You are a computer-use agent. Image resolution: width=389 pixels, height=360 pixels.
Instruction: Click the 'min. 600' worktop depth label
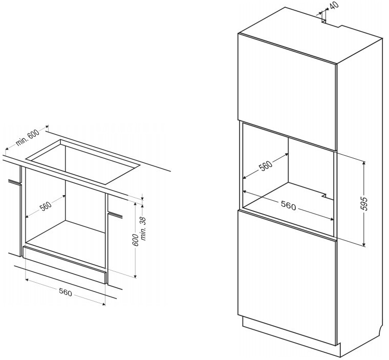point(28,138)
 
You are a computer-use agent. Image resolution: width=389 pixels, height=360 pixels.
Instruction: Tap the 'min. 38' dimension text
point(144,229)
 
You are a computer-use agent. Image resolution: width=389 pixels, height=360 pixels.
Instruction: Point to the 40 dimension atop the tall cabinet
point(335,6)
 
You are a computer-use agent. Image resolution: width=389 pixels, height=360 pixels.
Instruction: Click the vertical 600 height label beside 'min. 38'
point(136,240)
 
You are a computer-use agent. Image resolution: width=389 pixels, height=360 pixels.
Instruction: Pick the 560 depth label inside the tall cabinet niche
point(266,165)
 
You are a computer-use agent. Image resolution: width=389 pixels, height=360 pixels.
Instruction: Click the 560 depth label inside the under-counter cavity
point(46,206)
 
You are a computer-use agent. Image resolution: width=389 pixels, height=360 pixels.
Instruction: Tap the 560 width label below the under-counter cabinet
point(65,292)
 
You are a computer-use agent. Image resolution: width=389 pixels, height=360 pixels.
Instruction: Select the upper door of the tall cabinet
point(287,92)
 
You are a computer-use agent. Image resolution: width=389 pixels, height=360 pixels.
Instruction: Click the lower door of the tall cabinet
point(287,278)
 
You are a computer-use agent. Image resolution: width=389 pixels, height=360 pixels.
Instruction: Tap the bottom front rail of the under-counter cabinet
point(65,265)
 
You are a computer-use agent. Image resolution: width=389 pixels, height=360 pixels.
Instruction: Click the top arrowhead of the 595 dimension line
point(364,163)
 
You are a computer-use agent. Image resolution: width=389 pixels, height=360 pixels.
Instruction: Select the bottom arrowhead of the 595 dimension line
point(364,245)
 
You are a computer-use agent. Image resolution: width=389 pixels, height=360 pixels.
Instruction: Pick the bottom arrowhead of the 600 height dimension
point(135,276)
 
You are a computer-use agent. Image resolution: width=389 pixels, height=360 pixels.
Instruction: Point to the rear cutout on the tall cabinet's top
point(332,24)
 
